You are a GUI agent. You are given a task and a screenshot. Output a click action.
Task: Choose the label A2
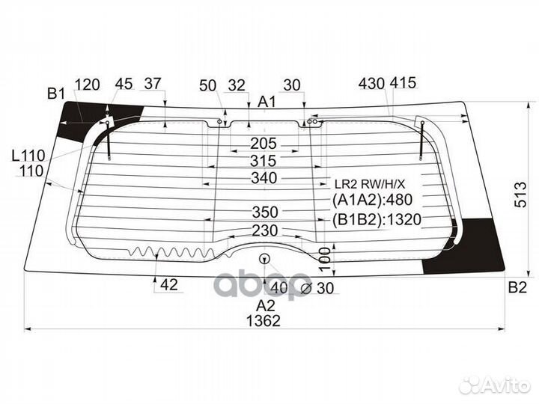(265, 304)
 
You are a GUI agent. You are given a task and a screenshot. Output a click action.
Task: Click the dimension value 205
(263, 143)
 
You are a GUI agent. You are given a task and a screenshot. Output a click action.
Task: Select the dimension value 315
(263, 161)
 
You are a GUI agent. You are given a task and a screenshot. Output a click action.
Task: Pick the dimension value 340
(263, 178)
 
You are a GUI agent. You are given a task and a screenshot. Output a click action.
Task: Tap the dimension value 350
(263, 212)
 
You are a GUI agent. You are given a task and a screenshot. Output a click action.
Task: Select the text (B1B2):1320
(371, 219)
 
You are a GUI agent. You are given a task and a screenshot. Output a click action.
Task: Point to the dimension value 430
(372, 83)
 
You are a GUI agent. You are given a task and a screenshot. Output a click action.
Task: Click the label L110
(28, 156)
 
